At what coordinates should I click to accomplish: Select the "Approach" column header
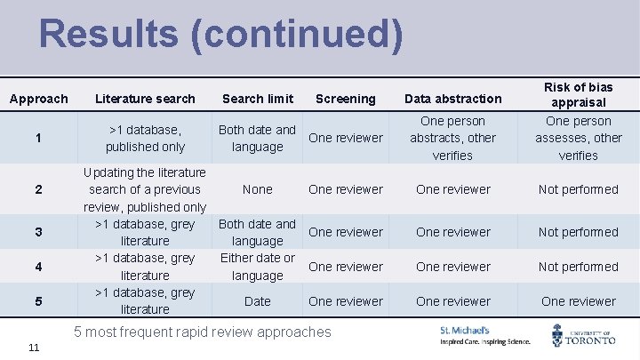tap(38, 99)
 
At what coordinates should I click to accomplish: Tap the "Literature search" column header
tap(145, 99)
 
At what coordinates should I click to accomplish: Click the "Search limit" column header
tap(258, 99)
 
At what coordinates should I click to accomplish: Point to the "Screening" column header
tap(345, 99)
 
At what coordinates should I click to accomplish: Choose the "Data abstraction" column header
tap(453, 99)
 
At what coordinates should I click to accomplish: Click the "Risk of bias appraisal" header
tap(578, 94)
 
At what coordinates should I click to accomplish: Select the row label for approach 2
tap(38, 189)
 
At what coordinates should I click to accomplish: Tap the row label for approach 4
tap(38, 267)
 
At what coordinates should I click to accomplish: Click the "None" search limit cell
tap(258, 189)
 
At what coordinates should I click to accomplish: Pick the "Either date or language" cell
tap(258, 267)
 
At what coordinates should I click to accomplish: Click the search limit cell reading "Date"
tap(258, 301)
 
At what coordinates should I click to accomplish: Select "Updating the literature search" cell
tap(145, 189)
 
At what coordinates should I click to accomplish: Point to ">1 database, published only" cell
tap(145, 138)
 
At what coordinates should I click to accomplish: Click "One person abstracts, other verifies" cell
tap(453, 138)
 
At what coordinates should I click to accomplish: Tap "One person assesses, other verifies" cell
tap(578, 138)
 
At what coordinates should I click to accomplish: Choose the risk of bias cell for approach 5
tap(578, 301)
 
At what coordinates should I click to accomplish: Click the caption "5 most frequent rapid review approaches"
tap(203, 332)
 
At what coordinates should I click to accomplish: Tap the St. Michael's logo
tap(484, 335)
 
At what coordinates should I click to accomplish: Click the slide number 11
tap(33, 347)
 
